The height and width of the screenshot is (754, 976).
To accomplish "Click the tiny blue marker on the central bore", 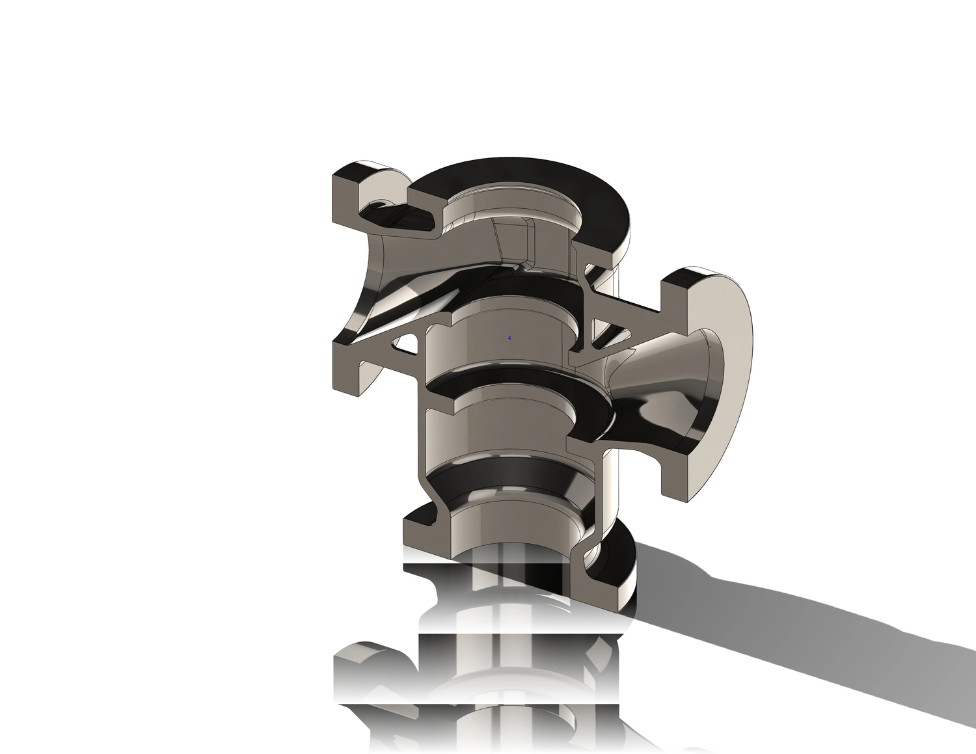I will [509, 338].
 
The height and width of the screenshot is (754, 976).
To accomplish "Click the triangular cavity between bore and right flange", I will [608, 335].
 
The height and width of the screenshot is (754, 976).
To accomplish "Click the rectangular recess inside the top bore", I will [514, 237].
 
